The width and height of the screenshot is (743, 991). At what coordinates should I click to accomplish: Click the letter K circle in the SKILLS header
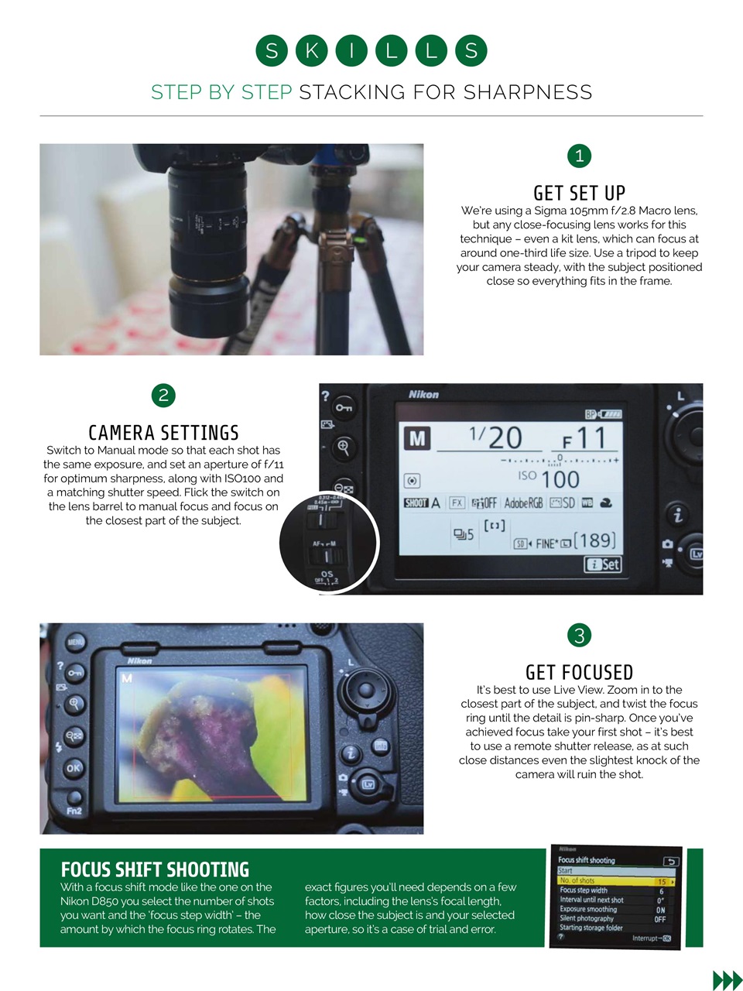[x=311, y=51]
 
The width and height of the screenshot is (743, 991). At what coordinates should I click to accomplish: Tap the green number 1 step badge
[x=579, y=156]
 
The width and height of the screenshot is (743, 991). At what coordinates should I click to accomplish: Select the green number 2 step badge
[x=163, y=396]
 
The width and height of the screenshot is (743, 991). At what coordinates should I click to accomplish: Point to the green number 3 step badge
[x=579, y=636]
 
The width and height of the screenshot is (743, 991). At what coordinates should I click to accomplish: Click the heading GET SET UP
[x=579, y=193]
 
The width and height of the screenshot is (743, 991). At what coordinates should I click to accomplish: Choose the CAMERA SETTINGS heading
[x=163, y=433]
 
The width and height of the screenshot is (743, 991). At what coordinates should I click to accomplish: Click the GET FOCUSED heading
[x=579, y=672]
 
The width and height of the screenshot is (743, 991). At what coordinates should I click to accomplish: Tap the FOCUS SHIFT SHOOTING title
[x=155, y=869]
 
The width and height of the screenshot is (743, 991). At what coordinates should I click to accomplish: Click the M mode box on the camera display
[x=416, y=438]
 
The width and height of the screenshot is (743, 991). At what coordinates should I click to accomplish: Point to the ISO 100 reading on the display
[x=549, y=478]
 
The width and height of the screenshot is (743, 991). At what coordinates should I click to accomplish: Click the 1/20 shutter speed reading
[x=495, y=437]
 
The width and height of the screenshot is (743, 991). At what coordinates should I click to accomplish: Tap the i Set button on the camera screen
[x=603, y=564]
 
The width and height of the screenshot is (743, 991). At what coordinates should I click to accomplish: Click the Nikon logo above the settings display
[x=423, y=395]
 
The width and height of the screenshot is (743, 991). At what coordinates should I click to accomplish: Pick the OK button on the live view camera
[x=74, y=768]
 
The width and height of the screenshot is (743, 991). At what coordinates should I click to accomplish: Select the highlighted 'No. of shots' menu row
[x=616, y=881]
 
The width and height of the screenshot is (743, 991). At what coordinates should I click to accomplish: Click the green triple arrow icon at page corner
[x=727, y=980]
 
